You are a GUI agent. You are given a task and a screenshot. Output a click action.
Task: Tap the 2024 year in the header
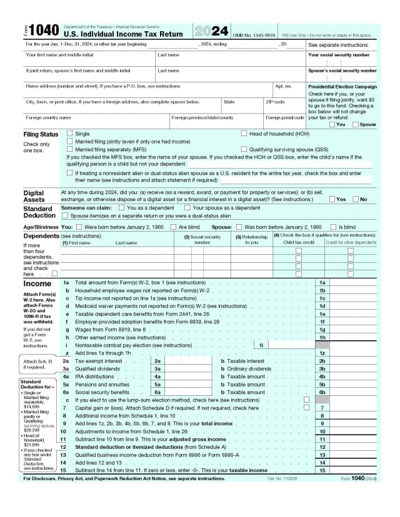point(211,31)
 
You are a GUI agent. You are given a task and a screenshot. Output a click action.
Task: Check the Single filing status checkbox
point(70,134)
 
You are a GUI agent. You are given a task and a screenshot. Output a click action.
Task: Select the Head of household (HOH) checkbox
point(244,134)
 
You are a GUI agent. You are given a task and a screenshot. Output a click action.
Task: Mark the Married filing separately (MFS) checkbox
point(70,150)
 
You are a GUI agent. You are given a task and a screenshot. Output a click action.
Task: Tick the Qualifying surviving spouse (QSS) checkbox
point(244,150)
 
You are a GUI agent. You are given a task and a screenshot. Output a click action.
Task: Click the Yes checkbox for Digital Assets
point(332,199)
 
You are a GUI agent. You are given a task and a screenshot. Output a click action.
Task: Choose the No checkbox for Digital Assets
point(356,199)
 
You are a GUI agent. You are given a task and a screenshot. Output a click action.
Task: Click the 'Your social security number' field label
point(342,54)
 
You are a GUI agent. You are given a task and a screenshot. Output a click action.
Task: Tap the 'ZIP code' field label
point(275,102)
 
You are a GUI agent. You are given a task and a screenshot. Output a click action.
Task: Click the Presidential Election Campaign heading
point(342,86)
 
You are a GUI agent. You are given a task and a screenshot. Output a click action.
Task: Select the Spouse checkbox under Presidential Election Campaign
point(356,124)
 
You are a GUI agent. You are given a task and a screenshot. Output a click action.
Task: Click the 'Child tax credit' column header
point(299,242)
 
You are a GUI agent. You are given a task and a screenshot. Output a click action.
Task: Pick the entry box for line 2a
point(182,361)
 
